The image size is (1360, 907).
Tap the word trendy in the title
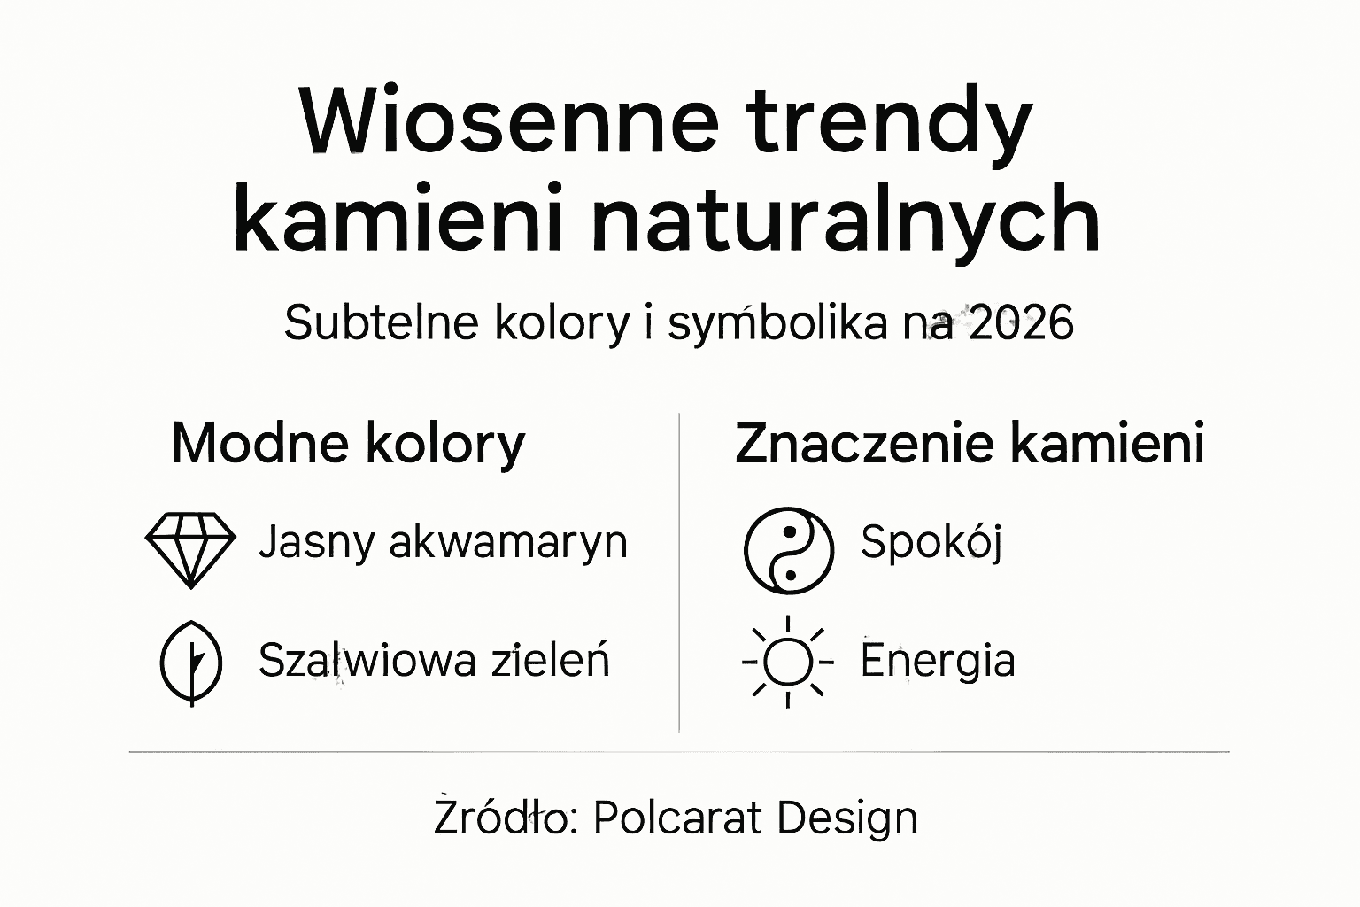(890, 124)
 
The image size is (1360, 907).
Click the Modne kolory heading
(348, 443)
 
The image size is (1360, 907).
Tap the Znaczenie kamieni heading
(969, 443)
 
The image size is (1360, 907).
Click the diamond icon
(189, 548)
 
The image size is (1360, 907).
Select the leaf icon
(190, 663)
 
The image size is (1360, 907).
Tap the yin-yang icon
(788, 550)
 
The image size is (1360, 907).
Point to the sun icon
(787, 663)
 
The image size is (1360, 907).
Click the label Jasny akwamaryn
(443, 542)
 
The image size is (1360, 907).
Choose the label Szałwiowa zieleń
(434, 661)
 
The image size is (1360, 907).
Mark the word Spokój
(931, 542)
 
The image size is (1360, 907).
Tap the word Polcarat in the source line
(677, 817)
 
